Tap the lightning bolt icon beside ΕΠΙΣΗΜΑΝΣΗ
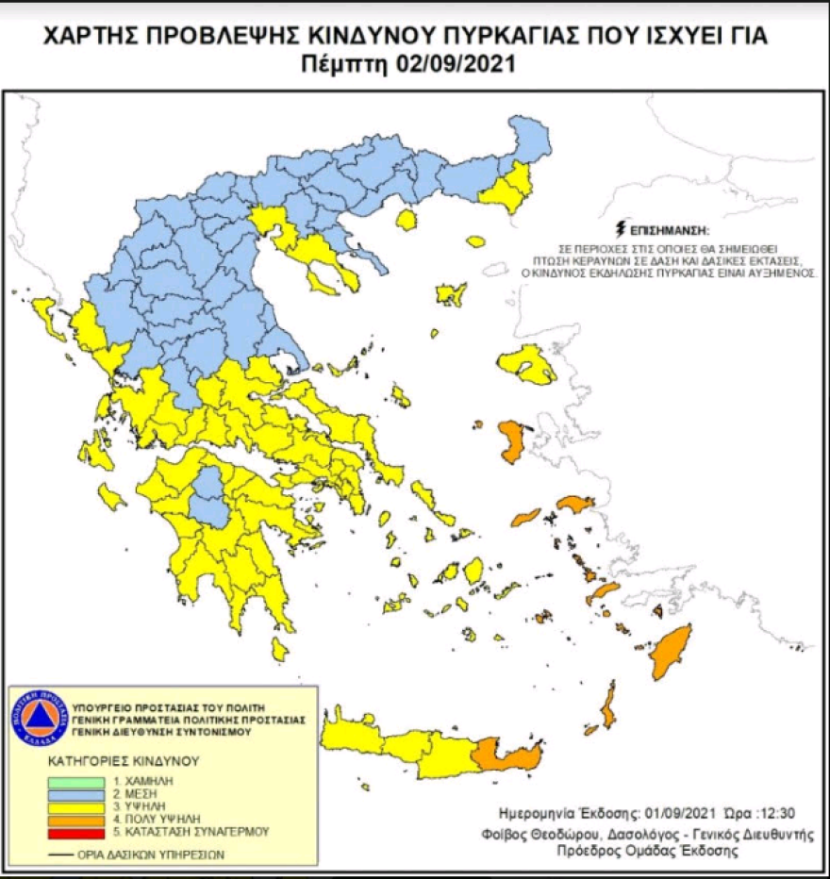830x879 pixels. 619,229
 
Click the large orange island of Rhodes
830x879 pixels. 672,651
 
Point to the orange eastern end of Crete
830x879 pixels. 510,755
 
